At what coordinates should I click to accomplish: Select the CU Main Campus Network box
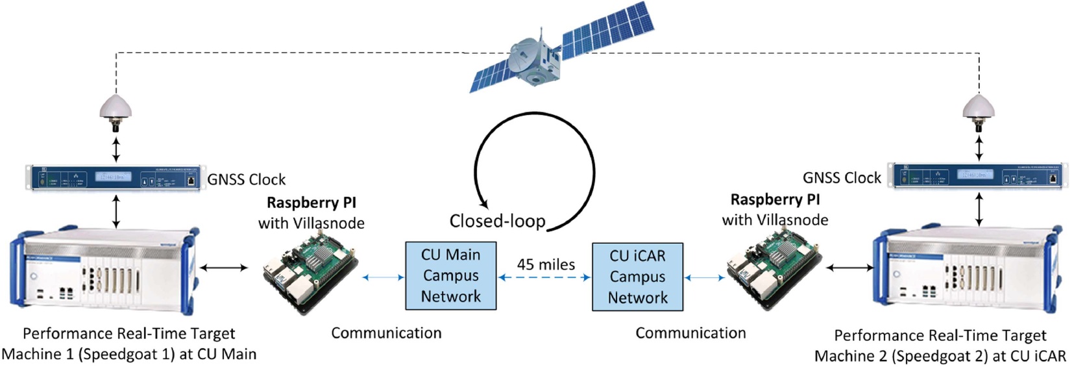tap(450, 275)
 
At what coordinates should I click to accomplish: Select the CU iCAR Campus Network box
tap(637, 277)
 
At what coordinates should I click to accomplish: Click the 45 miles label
tap(546, 264)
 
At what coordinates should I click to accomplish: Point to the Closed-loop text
tap(497, 221)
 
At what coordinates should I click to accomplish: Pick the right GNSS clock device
tap(979, 176)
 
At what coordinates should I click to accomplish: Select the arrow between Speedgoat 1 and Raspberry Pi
tap(224, 267)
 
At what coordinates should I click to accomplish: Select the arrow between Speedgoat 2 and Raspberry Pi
tap(850, 267)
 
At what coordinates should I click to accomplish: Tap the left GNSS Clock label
tap(247, 179)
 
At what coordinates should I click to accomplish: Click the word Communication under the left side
tap(386, 333)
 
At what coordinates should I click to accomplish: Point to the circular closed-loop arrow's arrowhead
tap(483, 204)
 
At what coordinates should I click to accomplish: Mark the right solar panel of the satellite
tap(607, 29)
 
